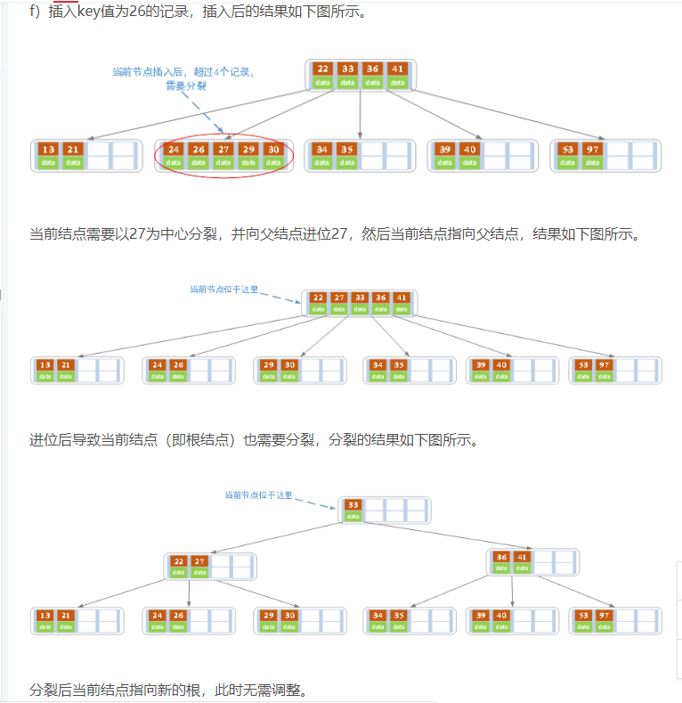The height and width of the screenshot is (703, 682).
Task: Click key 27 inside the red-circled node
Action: [x=223, y=150]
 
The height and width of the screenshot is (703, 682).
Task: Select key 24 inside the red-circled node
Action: [x=173, y=150]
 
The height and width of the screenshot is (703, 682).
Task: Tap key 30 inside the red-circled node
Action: [x=272, y=150]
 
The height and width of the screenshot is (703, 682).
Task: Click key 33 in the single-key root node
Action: [x=353, y=504]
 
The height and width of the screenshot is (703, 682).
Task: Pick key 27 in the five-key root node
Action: [x=339, y=298]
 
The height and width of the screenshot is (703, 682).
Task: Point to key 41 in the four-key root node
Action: [x=397, y=69]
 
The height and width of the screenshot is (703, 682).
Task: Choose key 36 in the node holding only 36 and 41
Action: [x=502, y=557]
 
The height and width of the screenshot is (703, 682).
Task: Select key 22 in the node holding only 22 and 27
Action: [x=179, y=561]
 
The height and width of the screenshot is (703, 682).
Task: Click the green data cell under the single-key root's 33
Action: [x=353, y=516]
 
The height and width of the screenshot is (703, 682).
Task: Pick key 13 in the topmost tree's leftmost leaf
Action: [x=48, y=150]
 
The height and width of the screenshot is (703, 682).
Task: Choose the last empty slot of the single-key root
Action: [x=418, y=510]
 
